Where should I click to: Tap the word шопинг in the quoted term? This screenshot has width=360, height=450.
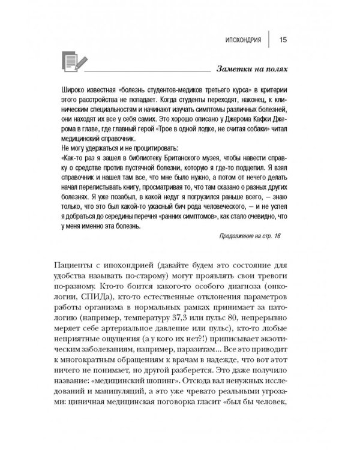point(172,397)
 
